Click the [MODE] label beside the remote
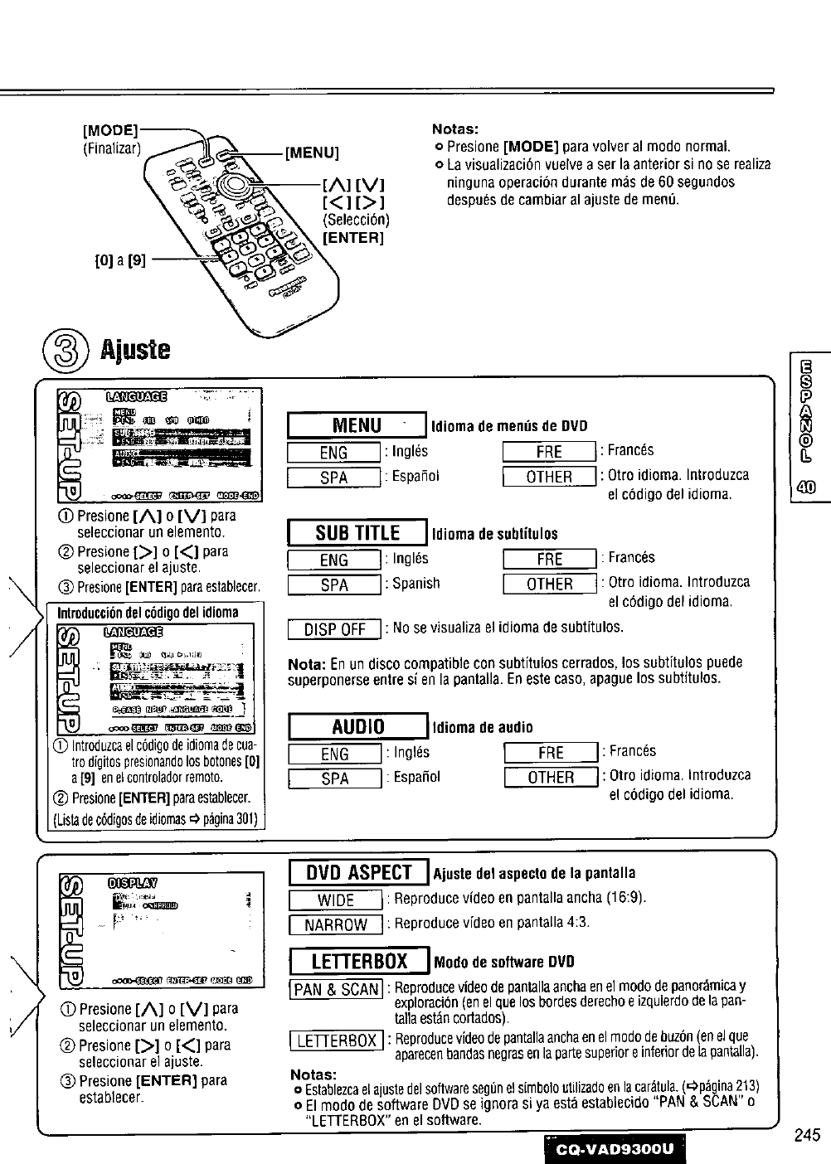point(111,131)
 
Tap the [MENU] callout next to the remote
point(313,153)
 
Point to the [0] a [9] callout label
point(121,260)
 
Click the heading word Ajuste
point(135,349)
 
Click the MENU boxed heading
point(356,426)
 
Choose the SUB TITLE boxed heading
point(356,532)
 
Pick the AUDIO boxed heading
point(357,727)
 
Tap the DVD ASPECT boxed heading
point(358,872)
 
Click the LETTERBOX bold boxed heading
point(358,962)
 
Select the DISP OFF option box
point(334,629)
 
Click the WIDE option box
point(334,900)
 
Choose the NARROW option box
point(334,925)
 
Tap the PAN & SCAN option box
point(335,989)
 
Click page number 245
point(805,1136)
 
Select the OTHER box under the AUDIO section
point(551,778)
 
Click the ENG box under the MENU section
point(333,453)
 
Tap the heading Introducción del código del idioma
point(148,613)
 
